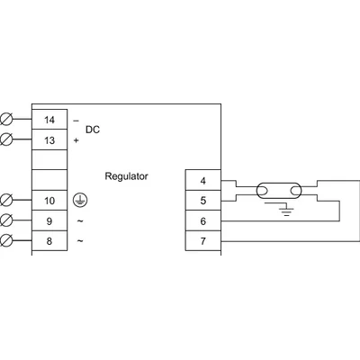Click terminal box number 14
coord(49,119)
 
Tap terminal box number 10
coord(49,199)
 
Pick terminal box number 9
coord(49,220)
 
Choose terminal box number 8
coord(49,239)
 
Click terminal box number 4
coord(202,180)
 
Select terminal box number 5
coord(202,200)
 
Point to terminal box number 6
coord(202,220)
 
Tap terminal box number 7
coord(202,241)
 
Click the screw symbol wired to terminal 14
coord(9,119)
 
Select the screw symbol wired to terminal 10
coord(9,199)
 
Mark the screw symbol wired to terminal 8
coord(9,239)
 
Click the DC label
coord(92,130)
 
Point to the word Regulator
coord(127,175)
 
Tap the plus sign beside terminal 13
coord(76,140)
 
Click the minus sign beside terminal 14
coord(76,120)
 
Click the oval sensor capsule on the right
coord(275,191)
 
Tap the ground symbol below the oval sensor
coord(286,210)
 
